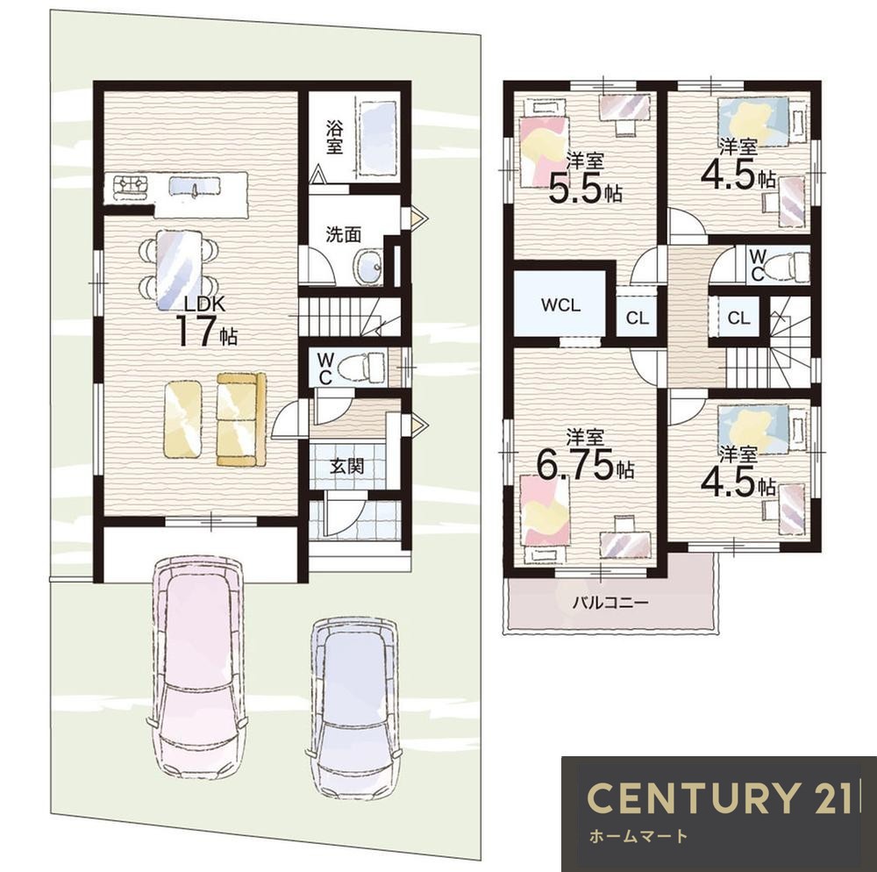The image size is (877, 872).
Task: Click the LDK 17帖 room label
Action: [206, 323]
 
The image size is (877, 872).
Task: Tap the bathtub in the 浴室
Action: [378, 138]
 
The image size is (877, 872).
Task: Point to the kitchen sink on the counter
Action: [188, 187]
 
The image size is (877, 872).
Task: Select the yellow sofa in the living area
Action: [241, 419]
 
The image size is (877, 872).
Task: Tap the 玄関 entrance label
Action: [347, 466]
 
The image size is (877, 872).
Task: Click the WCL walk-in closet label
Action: [561, 305]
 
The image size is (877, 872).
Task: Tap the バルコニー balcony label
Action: [610, 603]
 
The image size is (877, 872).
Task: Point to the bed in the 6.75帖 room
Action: [545, 518]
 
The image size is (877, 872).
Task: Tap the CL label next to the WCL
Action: [637, 318]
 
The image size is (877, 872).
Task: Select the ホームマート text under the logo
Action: [638, 837]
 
